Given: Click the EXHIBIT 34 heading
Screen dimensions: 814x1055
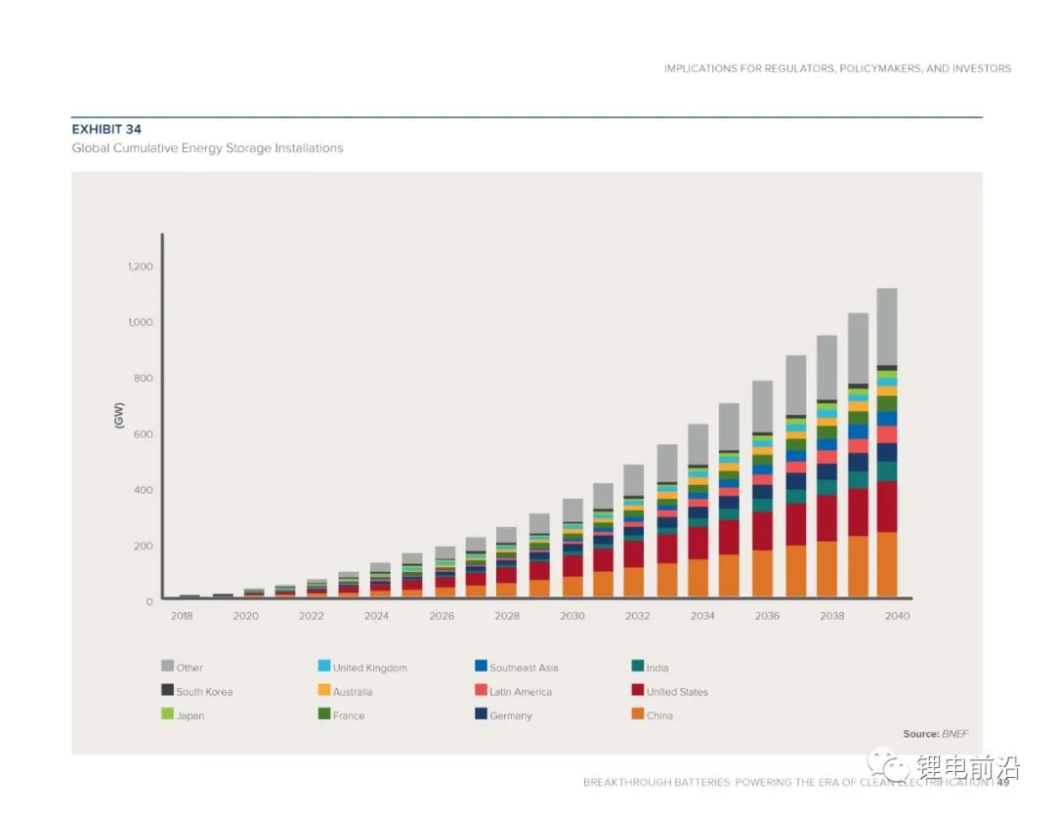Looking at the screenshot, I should pos(106,129).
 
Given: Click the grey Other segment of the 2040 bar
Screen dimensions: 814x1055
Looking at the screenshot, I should pos(886,326).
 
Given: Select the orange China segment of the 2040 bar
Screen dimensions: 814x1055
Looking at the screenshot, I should pos(886,564).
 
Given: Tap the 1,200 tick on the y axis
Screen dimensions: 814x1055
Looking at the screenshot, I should pos(140,266).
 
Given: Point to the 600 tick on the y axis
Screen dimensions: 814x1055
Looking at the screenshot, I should pos(143,433).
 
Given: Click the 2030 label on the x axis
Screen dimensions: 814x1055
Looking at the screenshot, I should pos(572,616).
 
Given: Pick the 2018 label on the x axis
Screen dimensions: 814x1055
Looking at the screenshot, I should pos(182,616).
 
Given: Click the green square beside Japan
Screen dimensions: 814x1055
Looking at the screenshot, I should pos(167,714).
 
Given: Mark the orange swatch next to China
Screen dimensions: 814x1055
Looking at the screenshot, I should pos(638,714).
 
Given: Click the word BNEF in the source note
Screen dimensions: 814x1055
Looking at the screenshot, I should pos(954,733).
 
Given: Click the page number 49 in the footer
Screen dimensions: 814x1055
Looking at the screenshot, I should pos(1002,782).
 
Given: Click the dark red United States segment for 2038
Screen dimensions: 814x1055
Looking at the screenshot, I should pos(826,518).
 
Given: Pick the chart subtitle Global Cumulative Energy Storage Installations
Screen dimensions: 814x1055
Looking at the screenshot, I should pos(207,148).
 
